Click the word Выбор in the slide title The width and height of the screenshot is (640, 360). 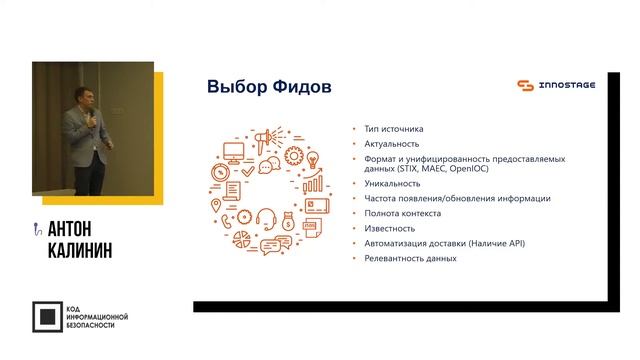point(232,87)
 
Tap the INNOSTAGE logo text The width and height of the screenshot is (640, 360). point(567,85)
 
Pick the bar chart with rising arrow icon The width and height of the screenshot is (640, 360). point(313,184)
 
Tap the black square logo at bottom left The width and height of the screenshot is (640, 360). point(46,316)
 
